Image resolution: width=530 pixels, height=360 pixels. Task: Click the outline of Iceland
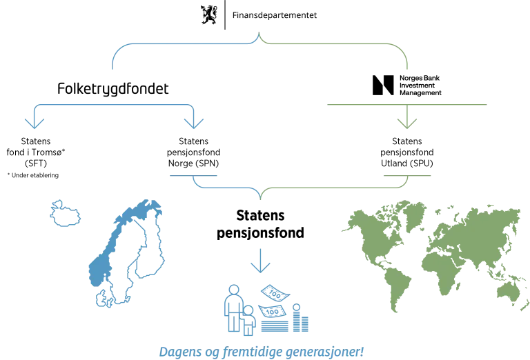click(66, 214)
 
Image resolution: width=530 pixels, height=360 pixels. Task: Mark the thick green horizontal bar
click(408, 106)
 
